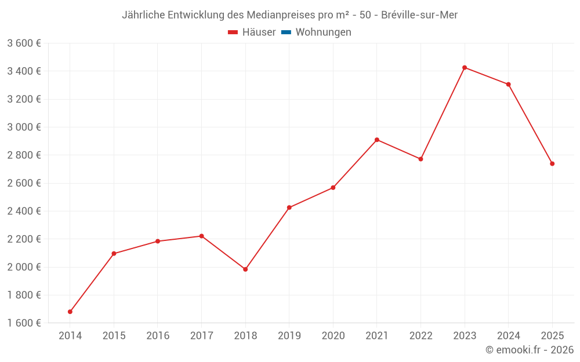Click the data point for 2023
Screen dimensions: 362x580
(465, 68)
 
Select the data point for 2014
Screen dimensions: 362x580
(70, 312)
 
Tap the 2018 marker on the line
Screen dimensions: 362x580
(245, 269)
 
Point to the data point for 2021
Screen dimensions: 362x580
(377, 140)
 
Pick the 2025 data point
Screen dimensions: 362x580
(552, 164)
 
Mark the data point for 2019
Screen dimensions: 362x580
(289, 207)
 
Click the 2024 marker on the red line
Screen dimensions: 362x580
(509, 85)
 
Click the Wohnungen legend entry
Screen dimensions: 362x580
(323, 32)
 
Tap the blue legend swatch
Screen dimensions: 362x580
(286, 32)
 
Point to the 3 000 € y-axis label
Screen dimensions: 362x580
(24, 127)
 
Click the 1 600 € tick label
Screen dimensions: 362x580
(24, 323)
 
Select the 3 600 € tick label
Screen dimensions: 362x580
(24, 43)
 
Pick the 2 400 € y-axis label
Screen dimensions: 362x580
(24, 211)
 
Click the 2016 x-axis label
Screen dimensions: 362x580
(158, 336)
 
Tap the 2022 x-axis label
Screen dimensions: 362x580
(420, 336)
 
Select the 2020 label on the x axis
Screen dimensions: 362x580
(333, 336)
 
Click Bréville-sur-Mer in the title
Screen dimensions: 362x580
(419, 15)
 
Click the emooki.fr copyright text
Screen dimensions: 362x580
(530, 350)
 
